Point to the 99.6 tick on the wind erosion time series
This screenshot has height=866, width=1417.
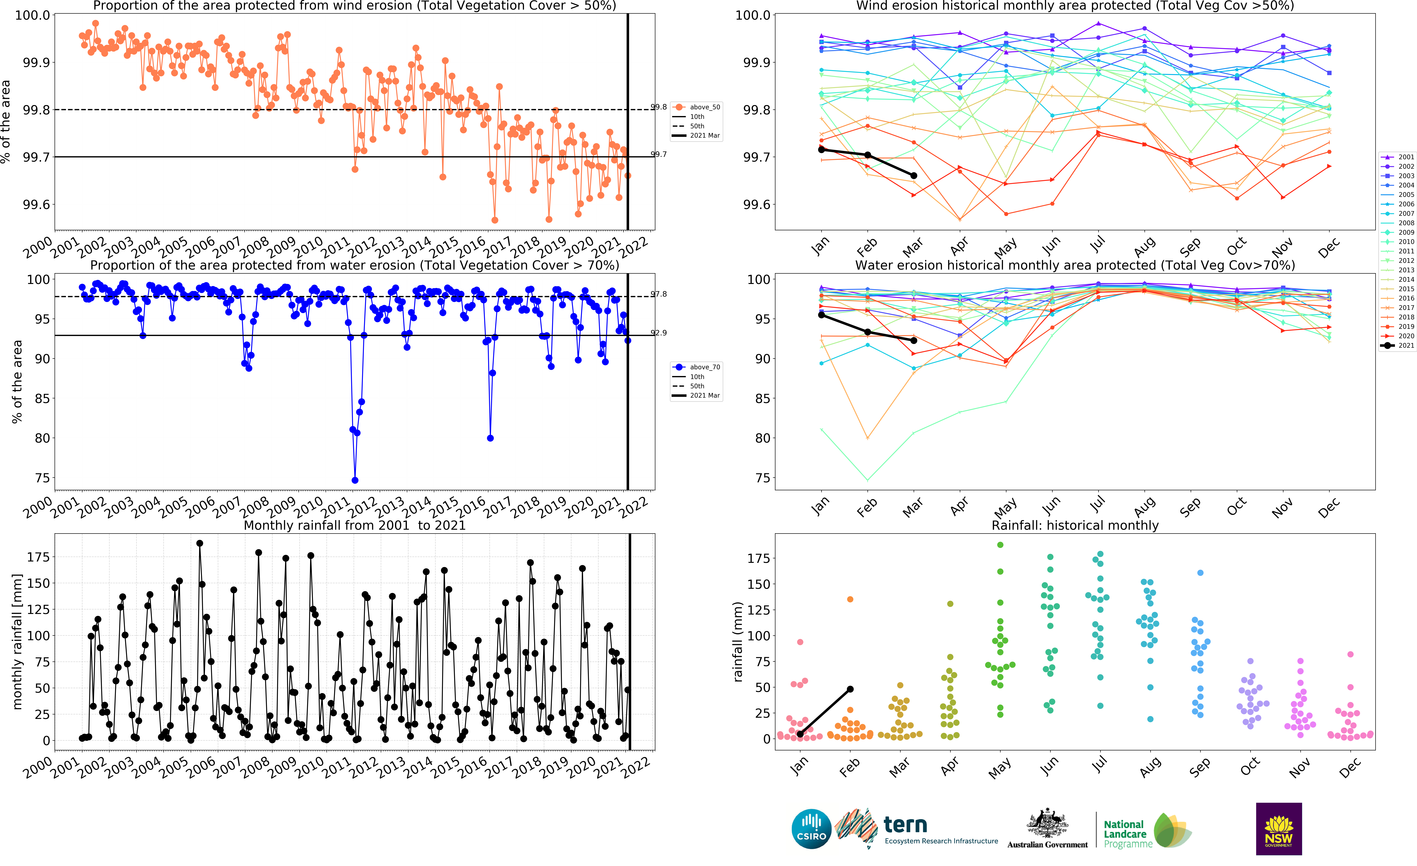(36, 205)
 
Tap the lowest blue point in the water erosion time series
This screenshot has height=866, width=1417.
(355, 480)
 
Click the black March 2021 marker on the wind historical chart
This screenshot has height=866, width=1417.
(914, 175)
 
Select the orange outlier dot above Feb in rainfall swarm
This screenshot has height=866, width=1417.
(850, 599)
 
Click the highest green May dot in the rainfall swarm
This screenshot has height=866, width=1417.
(1000, 545)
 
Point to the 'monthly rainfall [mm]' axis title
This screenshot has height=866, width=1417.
(17, 641)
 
